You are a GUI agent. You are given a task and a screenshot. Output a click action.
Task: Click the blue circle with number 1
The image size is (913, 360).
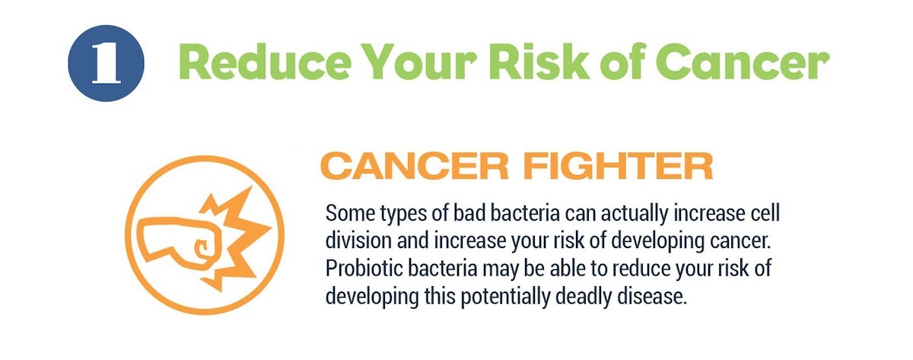(x=106, y=63)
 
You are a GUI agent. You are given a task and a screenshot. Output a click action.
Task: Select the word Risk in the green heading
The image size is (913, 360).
(x=542, y=61)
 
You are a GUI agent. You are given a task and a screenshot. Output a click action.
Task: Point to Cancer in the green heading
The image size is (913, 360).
(x=742, y=62)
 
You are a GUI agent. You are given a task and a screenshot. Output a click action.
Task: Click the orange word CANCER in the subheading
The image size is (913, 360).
(x=415, y=166)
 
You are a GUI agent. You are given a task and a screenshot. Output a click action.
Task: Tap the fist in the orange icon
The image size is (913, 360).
(x=180, y=244)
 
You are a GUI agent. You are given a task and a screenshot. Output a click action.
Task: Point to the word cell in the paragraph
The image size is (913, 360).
(x=765, y=213)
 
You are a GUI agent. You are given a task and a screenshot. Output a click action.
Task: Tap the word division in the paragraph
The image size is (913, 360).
(x=358, y=241)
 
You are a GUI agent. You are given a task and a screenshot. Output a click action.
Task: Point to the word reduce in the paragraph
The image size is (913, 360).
(x=641, y=268)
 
